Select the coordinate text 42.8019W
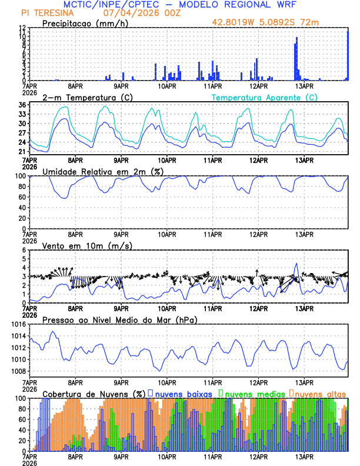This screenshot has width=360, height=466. point(233,23)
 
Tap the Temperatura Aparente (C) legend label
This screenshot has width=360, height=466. point(264,97)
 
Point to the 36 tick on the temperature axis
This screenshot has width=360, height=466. point(22,105)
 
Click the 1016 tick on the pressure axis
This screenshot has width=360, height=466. point(18,325)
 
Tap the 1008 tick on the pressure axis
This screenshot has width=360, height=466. point(18,371)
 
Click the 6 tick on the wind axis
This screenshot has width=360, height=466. point(24,250)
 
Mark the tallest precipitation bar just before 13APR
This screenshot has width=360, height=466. point(296,58)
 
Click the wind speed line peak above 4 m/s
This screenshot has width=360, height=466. point(296,264)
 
